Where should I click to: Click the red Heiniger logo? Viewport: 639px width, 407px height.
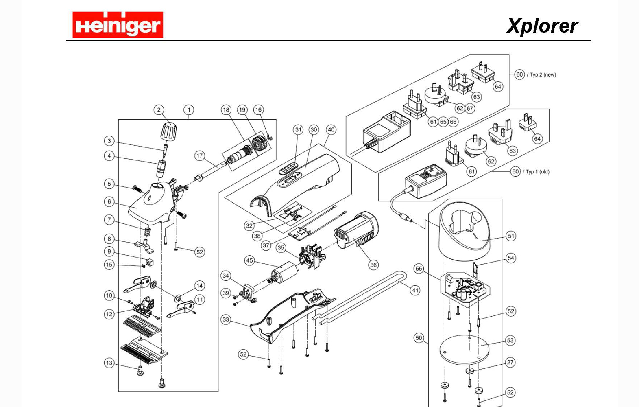[118, 25]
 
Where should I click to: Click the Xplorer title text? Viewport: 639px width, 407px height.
[542, 26]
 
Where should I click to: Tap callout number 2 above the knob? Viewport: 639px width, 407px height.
[159, 110]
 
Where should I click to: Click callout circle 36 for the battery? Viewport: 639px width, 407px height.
[373, 265]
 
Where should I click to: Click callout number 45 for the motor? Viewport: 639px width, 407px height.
[249, 260]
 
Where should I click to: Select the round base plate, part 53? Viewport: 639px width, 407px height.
[464, 350]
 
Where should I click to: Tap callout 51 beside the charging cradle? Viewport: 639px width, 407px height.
[511, 236]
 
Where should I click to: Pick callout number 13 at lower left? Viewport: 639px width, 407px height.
[109, 363]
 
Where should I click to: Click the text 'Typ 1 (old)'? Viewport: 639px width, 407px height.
[537, 172]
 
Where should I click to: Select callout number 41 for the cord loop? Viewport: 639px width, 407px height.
[415, 290]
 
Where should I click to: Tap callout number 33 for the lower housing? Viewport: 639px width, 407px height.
[226, 319]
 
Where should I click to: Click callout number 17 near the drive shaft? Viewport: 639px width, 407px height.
[199, 155]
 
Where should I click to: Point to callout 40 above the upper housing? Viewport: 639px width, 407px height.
[331, 130]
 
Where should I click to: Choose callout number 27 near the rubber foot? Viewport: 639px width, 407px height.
[510, 362]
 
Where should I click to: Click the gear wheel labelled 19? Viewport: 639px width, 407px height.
[257, 144]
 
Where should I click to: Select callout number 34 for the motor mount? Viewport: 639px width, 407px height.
[226, 276]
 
